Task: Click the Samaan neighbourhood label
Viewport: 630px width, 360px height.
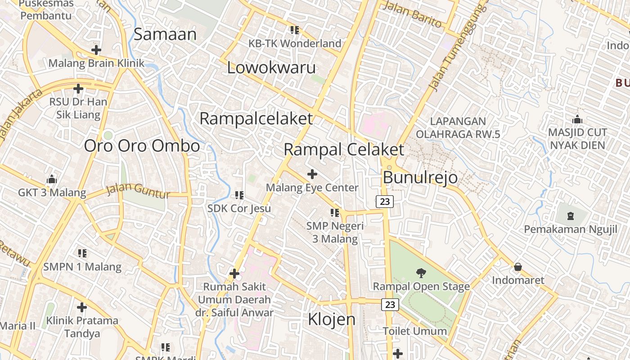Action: tap(165, 35)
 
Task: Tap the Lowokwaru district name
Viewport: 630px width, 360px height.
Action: tap(271, 68)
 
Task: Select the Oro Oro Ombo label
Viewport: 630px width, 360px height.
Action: tap(142, 146)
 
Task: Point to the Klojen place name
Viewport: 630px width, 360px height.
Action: tap(332, 319)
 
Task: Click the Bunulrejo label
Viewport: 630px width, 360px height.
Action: tap(420, 177)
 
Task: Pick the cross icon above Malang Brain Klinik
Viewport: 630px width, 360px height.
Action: tap(96, 50)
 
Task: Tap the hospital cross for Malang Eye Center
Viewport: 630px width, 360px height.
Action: tap(312, 174)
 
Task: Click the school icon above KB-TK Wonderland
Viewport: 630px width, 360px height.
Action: tap(295, 30)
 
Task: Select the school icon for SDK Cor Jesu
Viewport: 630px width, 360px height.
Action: tap(239, 195)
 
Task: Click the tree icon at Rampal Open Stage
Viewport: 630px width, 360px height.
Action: tap(421, 273)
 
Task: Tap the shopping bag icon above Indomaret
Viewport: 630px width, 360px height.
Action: tap(518, 267)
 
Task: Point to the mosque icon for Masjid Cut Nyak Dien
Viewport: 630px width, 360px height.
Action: tap(577, 120)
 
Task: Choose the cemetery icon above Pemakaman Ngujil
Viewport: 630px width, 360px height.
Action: tap(571, 216)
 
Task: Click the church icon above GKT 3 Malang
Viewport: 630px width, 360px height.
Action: tap(52, 180)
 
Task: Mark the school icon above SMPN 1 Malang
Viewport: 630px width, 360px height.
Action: tap(82, 253)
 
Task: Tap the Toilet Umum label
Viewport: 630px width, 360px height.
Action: tap(414, 331)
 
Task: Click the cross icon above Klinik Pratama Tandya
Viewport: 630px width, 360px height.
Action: tap(82, 307)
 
